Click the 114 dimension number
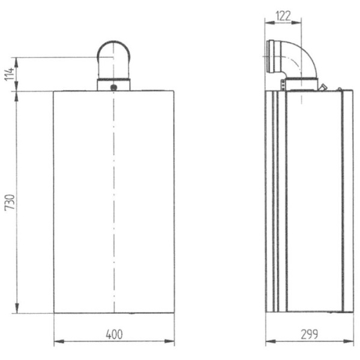tap(8, 74)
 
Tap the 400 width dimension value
tap(114, 334)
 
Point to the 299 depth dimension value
tap(310, 334)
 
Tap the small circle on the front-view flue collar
tap(114, 86)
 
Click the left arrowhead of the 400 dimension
tap(57, 343)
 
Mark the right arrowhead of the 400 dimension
tap(172, 343)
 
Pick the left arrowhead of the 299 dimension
tap(269, 343)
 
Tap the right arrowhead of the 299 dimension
tap(350, 343)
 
